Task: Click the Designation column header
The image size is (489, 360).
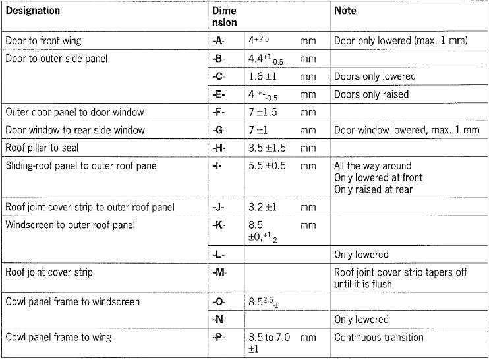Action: coord(32,11)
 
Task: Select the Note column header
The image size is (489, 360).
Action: coord(345,11)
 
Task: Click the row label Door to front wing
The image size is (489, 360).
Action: coord(43,41)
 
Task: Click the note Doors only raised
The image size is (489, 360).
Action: coord(371,94)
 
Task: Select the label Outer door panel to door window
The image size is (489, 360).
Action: coord(74,112)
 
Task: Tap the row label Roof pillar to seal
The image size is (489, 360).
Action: coord(42,148)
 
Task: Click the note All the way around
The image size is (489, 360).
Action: coord(372,165)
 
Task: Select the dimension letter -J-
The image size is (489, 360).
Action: coord(219,208)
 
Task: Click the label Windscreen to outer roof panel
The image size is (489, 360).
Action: coord(70,225)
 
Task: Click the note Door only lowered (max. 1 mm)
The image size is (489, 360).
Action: coord(401,41)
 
